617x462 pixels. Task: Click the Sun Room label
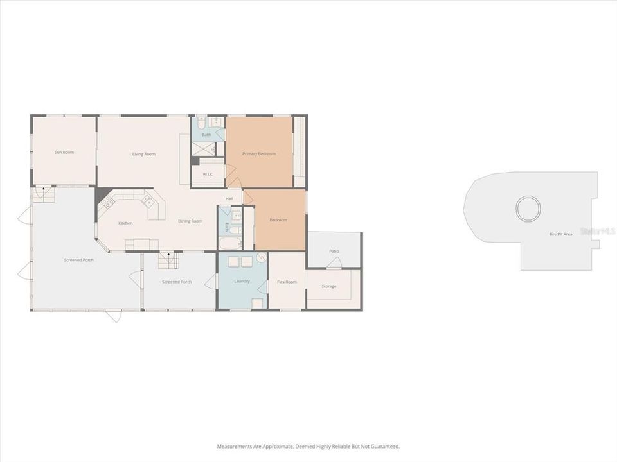point(64,152)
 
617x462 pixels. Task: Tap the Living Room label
point(144,154)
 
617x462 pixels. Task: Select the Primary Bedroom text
point(259,154)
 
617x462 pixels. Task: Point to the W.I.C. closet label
point(208,174)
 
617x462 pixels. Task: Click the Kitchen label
point(125,223)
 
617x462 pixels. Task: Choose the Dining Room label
point(190,221)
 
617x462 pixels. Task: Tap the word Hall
point(229,198)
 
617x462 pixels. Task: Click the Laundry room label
point(242,281)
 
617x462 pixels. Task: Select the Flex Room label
point(287,282)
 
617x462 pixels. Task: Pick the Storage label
point(329,286)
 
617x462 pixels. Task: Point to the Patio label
point(334,251)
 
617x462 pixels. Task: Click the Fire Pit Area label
point(560,234)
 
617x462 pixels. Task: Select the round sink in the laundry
point(262,258)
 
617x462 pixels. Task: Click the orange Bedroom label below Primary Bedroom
point(278,220)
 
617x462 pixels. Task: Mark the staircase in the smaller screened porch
point(168,261)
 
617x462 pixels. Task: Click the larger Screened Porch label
point(78,260)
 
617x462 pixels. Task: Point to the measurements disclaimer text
point(308,446)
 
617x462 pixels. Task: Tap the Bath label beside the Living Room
point(206,135)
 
